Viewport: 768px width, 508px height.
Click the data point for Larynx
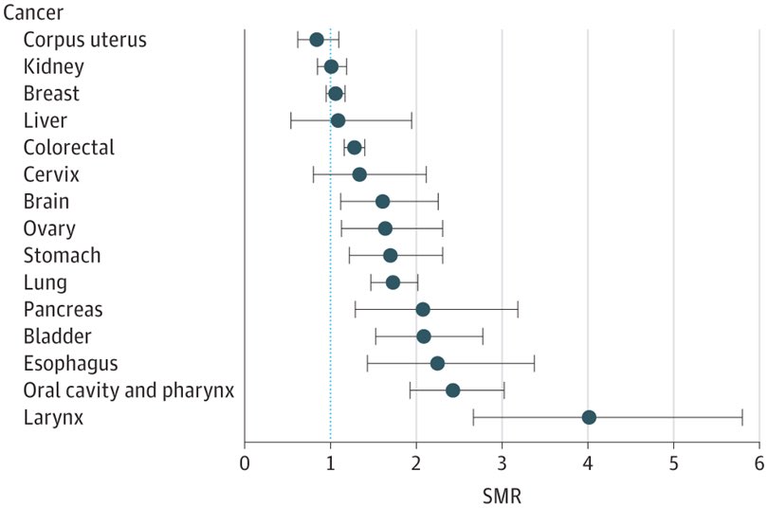tap(589, 418)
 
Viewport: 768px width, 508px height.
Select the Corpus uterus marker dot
tap(317, 40)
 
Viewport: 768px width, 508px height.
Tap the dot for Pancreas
tap(423, 310)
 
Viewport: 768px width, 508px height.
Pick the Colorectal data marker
tap(355, 148)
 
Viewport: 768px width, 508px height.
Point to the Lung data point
tap(393, 282)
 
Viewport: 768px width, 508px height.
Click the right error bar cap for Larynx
tap(742, 418)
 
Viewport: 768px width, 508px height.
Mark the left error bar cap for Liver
tap(291, 120)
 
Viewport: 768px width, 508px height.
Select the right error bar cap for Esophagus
tap(534, 364)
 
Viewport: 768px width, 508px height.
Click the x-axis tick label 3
tap(502, 463)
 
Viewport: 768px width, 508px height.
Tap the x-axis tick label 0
tap(245, 463)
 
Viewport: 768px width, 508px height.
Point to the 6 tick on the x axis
tap(759, 463)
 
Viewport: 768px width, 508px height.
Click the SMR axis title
tap(502, 494)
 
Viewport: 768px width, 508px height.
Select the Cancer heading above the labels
tap(35, 12)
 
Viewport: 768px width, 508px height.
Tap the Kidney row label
tap(53, 66)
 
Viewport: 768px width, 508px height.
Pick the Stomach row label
tap(62, 256)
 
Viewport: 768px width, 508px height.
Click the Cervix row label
tap(51, 174)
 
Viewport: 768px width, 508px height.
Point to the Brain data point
tap(382, 202)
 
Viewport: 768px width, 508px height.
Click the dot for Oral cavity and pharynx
tap(452, 390)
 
